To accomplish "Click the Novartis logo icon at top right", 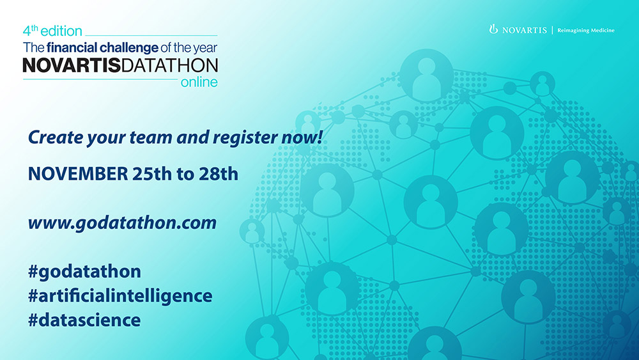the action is click(493, 29).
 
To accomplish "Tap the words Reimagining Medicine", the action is click(586, 30).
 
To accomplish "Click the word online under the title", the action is click(199, 82).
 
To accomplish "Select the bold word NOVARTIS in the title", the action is click(72, 65).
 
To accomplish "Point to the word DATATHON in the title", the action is click(169, 65).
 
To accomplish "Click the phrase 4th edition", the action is click(52, 31).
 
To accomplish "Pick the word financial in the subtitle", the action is click(72, 48).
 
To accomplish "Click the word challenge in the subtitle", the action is click(129, 48).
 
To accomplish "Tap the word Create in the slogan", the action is click(56, 137).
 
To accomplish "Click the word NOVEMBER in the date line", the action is click(78, 174).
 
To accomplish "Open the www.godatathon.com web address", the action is click(122, 223).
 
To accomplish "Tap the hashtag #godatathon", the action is click(85, 272).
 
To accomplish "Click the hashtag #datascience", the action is click(84, 320).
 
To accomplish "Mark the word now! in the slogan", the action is click(302, 138).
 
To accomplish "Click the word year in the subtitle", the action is click(205, 49).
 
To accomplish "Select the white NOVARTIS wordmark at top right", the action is click(525, 30).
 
